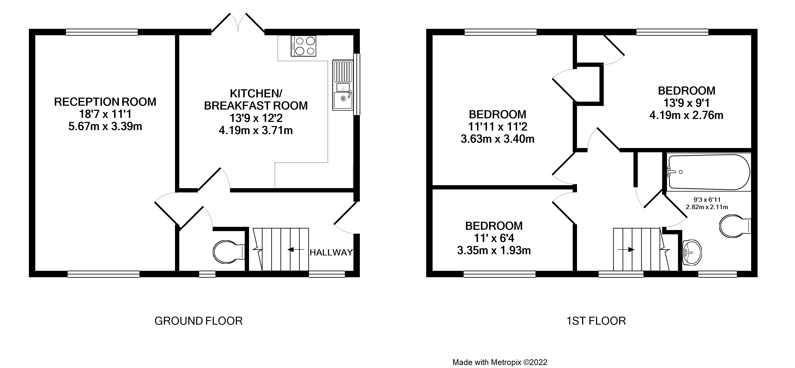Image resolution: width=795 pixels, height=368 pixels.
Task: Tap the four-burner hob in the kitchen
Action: click(x=303, y=46)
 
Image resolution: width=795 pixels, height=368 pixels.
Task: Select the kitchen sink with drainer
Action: click(x=343, y=85)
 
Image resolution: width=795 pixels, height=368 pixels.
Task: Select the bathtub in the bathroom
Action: click(x=709, y=172)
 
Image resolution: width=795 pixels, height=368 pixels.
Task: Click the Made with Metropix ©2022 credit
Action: click(x=500, y=362)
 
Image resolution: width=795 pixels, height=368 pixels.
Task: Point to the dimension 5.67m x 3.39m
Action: click(x=105, y=127)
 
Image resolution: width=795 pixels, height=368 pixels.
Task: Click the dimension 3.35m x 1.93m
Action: click(x=494, y=251)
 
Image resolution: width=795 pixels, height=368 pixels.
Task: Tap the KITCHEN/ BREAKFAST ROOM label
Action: click(x=256, y=100)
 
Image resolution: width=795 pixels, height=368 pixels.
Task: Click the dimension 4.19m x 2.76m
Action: click(x=686, y=116)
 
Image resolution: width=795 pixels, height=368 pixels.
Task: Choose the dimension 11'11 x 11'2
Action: click(x=497, y=127)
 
